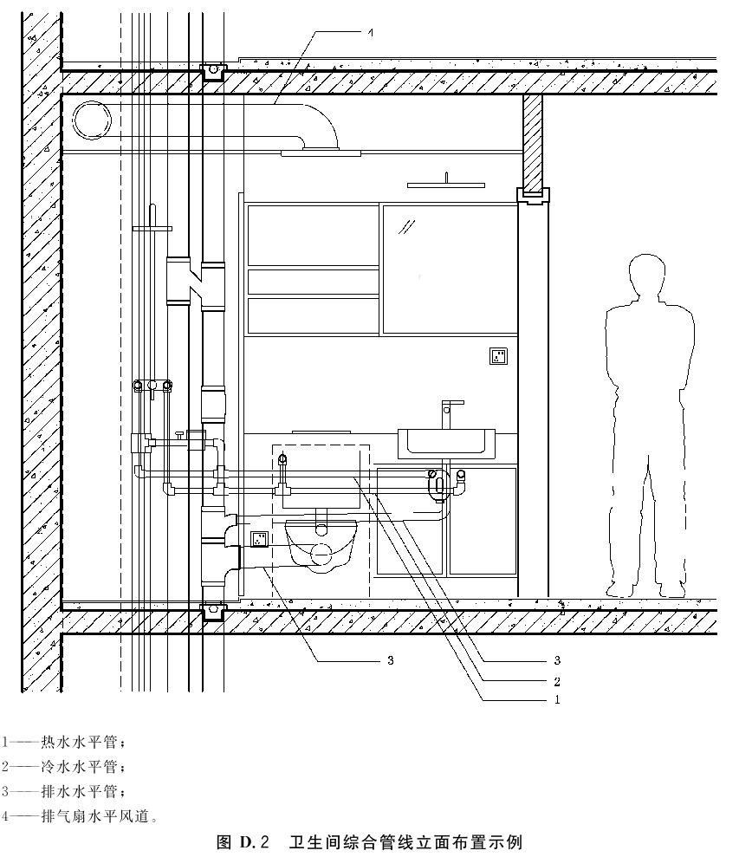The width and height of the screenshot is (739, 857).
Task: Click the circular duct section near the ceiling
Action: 92,120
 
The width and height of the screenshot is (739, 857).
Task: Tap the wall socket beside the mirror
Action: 498,356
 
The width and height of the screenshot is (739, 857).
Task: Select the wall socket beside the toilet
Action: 259,539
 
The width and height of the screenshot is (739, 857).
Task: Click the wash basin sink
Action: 446,444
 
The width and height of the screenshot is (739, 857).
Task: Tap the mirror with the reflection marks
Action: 450,269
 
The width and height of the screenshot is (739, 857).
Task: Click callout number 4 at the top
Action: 371,33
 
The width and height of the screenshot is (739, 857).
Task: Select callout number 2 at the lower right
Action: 557,682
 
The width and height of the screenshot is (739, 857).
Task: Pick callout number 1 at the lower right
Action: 557,699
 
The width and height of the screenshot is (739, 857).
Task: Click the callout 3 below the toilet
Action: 390,660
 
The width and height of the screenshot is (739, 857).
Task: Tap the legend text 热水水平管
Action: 79,742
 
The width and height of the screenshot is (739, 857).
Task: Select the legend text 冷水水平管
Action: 79,766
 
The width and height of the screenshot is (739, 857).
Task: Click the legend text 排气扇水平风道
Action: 95,816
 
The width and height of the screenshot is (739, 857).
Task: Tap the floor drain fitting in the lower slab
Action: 213,612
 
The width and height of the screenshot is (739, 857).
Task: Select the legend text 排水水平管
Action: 79,791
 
